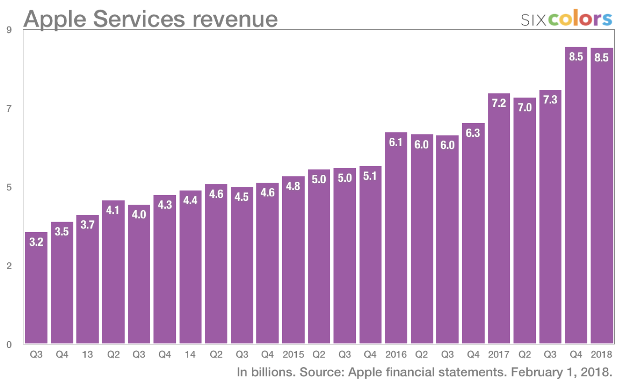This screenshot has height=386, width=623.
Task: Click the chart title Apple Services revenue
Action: pos(151,19)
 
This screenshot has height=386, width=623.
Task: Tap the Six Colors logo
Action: pos(567,19)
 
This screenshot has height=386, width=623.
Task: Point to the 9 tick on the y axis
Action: pos(8,30)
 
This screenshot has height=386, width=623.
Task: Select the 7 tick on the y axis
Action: pos(8,109)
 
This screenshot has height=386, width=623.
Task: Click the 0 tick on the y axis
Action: pos(8,344)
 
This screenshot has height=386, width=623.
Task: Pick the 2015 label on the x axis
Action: pos(293,354)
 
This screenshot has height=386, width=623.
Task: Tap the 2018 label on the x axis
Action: pos(602,354)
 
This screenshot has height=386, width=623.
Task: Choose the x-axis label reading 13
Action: pos(87,354)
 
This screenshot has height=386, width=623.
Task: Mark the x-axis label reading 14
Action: pos(190,354)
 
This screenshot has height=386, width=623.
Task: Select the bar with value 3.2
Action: pos(36,293)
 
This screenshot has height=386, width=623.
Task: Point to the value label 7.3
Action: pos(550,99)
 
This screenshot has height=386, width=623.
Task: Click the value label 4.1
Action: pos(113,210)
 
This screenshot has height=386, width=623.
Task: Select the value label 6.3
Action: pos(473,133)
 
